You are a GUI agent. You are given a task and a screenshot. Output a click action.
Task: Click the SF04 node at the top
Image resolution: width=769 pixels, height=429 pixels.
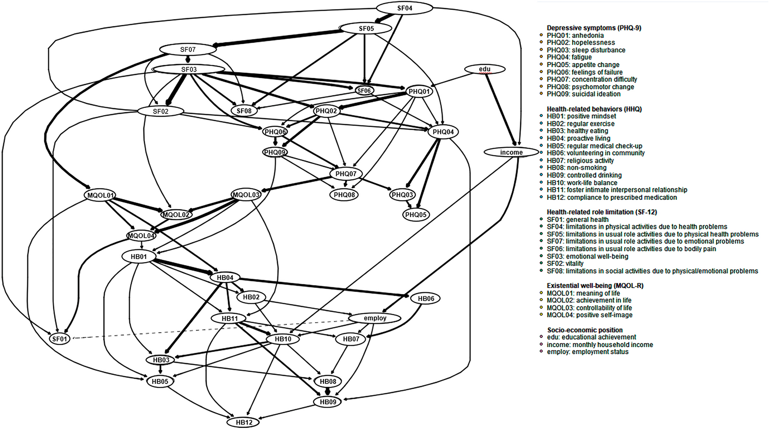[x=405, y=8]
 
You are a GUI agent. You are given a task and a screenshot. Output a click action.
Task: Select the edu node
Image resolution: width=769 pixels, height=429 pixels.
[x=485, y=69]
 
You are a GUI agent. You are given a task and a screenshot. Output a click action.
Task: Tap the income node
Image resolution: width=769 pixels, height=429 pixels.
[x=511, y=152]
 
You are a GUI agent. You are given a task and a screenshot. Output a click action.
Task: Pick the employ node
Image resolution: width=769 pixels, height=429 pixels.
[x=375, y=318]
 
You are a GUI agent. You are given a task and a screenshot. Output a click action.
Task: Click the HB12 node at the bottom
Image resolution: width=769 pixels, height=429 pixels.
[x=244, y=422]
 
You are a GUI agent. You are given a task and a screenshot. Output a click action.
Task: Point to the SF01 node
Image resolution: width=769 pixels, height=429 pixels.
[x=60, y=339]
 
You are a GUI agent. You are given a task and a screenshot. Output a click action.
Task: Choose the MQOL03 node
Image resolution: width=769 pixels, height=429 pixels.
[x=246, y=195]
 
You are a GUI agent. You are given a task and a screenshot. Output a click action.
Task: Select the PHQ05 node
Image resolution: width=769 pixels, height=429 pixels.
[x=416, y=214]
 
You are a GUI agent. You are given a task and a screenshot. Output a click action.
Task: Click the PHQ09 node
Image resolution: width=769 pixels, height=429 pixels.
[x=275, y=152]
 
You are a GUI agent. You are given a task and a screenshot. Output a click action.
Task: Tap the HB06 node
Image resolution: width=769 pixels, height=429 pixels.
[x=426, y=298]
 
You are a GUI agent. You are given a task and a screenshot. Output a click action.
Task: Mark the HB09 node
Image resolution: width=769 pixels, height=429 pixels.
[x=327, y=402]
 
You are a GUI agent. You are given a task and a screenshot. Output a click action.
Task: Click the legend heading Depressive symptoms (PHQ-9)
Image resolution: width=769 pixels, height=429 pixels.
[x=594, y=28]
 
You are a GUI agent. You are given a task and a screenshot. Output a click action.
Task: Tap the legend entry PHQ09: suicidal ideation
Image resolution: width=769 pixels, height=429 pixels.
[x=583, y=94]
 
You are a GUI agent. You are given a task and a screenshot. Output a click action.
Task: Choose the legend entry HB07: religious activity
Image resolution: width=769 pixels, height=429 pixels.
[x=580, y=161]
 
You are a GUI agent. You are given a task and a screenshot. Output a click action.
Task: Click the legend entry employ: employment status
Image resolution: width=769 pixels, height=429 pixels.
[x=587, y=352]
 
